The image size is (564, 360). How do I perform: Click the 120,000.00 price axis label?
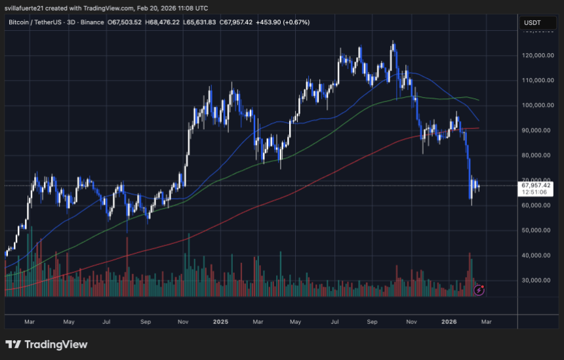point(536,56)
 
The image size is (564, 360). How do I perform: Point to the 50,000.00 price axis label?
point(536,230)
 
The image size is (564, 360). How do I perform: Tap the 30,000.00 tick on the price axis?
point(536,280)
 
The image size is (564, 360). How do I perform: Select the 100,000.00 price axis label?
point(536,106)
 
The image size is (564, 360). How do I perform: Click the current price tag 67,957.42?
point(535,186)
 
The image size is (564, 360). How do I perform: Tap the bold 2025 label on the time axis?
point(221,322)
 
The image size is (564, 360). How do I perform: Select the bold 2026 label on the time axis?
point(449,322)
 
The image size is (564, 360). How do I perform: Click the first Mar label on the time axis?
point(29,322)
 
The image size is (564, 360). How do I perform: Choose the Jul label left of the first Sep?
point(106,322)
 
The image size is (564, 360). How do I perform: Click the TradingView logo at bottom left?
point(47,344)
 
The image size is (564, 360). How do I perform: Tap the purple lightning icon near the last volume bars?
point(479,289)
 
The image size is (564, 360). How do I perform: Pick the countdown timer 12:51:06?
point(534,193)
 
